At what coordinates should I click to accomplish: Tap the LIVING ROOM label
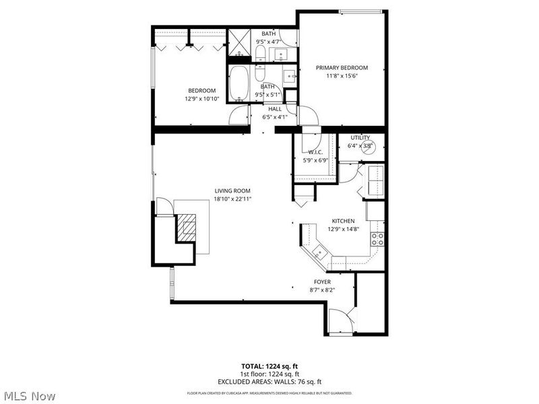point(233,191)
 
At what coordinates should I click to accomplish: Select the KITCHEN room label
point(343,221)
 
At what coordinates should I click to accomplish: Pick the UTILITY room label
point(360,137)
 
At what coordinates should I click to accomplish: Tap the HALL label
point(275,109)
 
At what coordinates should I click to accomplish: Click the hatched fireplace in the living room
point(186,228)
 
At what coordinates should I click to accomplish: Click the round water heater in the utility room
point(369,149)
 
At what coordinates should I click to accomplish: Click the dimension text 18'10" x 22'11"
point(233,199)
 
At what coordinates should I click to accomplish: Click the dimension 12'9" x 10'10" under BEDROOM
point(201,99)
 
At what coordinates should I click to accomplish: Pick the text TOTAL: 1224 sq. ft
point(269,367)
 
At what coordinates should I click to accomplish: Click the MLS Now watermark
point(28,396)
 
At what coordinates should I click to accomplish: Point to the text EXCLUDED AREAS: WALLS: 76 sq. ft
point(269,381)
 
